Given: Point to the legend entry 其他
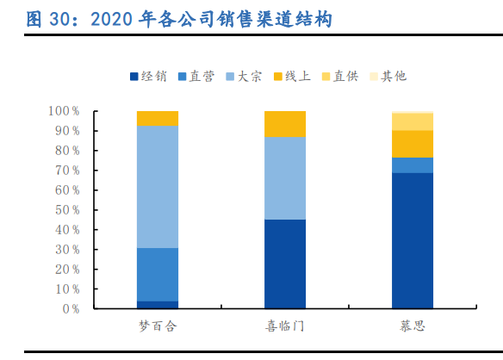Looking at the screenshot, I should click(394, 76).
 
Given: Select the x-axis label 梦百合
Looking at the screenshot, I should click(158, 326).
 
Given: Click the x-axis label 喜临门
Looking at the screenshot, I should click(285, 326).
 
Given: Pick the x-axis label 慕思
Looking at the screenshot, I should click(413, 326).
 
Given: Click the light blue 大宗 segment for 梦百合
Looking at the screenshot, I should click(158, 186).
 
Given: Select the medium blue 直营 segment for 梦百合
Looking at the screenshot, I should click(158, 274).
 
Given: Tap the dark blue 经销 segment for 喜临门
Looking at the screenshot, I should click(285, 264).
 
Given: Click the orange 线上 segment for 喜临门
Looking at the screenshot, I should click(285, 124).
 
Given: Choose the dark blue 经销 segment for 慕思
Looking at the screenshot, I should click(413, 240).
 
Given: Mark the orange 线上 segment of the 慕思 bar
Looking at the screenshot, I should click(413, 144).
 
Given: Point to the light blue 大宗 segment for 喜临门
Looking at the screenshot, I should click(285, 178).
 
